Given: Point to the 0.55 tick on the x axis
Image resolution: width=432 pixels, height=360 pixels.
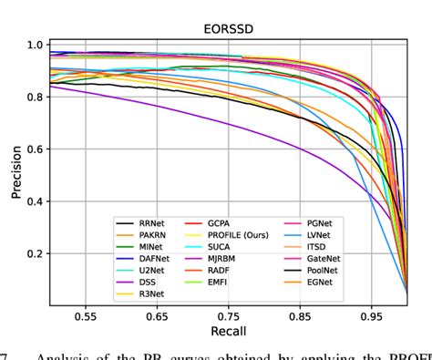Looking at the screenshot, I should [x=87, y=315].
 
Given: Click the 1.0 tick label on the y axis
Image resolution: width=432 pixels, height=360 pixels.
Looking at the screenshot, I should [x=35, y=45].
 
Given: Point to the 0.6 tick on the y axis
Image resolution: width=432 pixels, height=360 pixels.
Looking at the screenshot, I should [x=35, y=149].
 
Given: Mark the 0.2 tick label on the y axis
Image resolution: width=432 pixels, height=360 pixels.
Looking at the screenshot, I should [x=35, y=254].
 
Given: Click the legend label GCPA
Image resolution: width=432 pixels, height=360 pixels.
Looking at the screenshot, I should [x=231, y=222].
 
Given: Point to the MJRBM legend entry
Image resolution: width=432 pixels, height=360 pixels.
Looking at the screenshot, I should [x=234, y=259].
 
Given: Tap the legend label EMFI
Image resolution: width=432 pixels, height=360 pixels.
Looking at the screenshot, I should [x=229, y=283].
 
